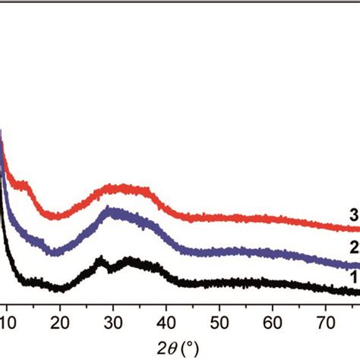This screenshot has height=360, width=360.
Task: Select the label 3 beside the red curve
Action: (x=353, y=213)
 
